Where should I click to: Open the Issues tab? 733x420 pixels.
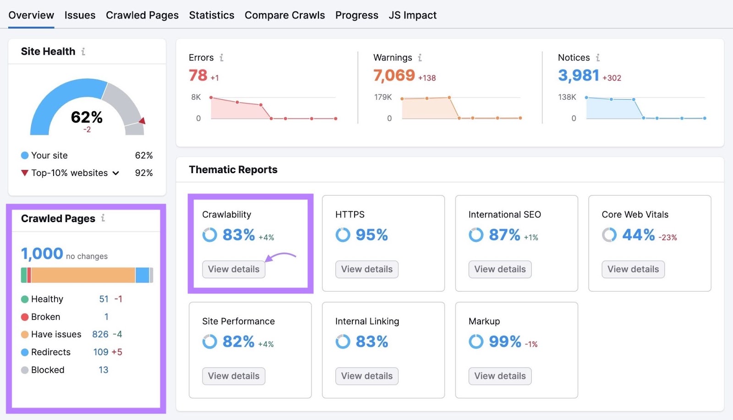click(80, 15)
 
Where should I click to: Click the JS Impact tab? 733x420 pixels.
click(412, 15)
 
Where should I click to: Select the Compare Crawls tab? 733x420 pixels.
click(284, 15)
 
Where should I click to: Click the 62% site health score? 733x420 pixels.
click(87, 117)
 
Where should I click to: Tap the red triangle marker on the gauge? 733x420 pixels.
click(142, 121)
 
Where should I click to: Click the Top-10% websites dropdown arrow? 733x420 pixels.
click(116, 173)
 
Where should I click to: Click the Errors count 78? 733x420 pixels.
click(198, 75)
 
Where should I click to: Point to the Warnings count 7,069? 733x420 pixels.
click(394, 75)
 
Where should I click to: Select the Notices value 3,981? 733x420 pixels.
click(578, 75)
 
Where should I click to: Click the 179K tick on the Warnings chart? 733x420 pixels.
click(383, 97)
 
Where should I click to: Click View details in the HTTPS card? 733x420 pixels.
click(366, 269)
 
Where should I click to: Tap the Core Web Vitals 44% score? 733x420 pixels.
click(638, 235)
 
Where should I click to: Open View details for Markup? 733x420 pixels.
click(500, 376)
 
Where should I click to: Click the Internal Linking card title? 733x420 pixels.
click(367, 322)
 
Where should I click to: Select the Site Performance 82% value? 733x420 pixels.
click(238, 342)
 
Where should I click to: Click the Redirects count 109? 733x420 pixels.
click(101, 352)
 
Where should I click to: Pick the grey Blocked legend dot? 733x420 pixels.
click(25, 370)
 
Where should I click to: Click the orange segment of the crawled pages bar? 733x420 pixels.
click(82, 275)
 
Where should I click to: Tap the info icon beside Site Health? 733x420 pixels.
click(83, 52)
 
